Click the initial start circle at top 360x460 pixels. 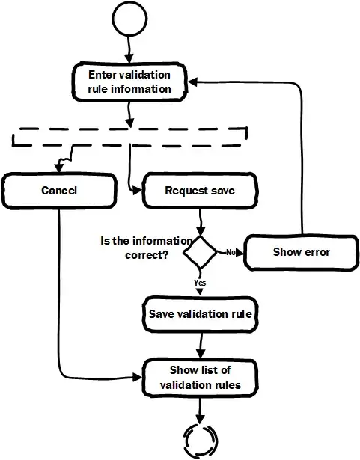pos(128,20)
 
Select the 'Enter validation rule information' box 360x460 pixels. pos(129,82)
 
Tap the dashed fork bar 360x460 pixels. pos(129,137)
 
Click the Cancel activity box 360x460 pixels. pos(58,191)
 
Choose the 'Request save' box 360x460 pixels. pos(199,191)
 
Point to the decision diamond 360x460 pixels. pos(201,253)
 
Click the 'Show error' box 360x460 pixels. pos(301,252)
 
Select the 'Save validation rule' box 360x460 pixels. pos(200,313)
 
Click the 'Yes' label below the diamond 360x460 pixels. pos(200,283)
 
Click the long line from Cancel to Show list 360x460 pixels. pos(58,299)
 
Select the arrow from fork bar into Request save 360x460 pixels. pos(130,168)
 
